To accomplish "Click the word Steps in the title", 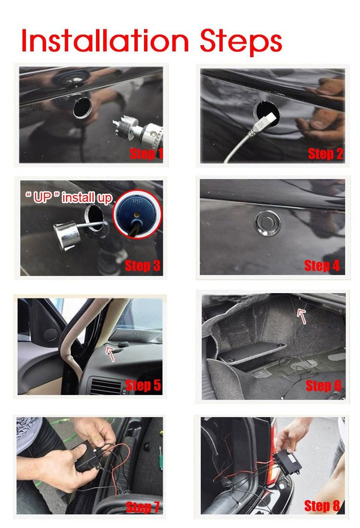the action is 241,43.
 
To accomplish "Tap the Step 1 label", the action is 146,154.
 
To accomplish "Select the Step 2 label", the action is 325,154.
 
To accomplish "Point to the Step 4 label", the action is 322,266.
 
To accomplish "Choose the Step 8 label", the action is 322,505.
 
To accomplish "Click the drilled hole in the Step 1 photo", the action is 82,108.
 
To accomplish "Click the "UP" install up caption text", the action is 69,197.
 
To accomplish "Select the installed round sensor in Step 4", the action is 267,223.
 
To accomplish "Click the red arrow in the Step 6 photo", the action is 301,317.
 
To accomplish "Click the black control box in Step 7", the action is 88,456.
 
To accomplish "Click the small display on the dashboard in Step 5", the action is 123,344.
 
